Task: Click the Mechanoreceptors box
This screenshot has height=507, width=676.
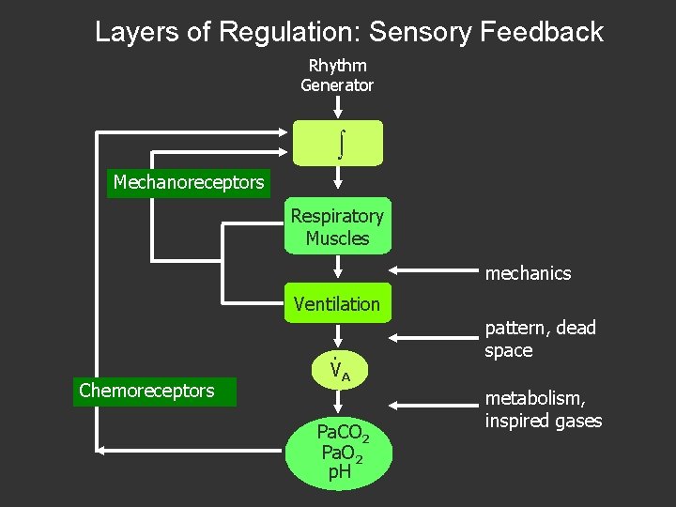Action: pos(188,182)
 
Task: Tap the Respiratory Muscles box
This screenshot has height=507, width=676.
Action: pos(337,227)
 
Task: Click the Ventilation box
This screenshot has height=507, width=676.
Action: pos(337,303)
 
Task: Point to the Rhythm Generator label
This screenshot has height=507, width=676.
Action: pos(337,75)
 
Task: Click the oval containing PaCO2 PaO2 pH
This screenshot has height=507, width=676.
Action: pos(342,452)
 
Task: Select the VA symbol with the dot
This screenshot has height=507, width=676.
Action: pos(339,371)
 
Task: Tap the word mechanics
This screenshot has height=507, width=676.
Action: pos(528,273)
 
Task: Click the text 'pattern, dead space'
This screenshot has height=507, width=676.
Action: pos(540,339)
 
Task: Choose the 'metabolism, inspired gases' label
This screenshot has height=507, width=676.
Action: pos(543,409)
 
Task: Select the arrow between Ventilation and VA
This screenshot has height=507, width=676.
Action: pos(337,338)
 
